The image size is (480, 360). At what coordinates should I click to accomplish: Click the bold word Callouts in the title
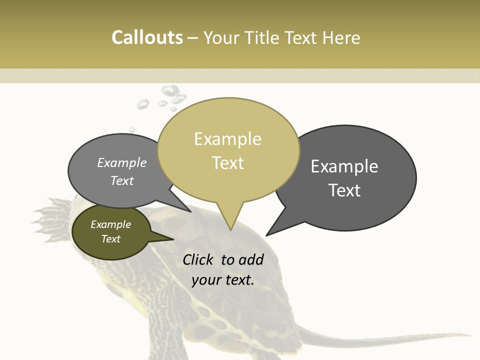pyautogui.click(x=147, y=37)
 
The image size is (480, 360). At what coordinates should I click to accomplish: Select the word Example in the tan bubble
pyautogui.click(x=227, y=139)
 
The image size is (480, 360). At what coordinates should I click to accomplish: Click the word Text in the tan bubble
pyautogui.click(x=228, y=163)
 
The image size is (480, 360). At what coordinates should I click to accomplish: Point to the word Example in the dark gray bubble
pyautogui.click(x=344, y=166)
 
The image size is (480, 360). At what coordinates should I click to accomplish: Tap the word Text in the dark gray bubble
pyautogui.click(x=345, y=190)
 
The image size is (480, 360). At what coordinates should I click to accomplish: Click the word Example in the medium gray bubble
pyautogui.click(x=122, y=162)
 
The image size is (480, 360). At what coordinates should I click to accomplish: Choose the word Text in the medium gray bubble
pyautogui.click(x=122, y=180)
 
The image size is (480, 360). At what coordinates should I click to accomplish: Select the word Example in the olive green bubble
pyautogui.click(x=111, y=224)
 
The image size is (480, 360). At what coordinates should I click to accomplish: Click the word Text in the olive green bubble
pyautogui.click(x=111, y=239)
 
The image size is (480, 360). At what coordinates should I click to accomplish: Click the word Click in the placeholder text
pyautogui.click(x=198, y=259)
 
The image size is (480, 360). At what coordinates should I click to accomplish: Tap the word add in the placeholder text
pyautogui.click(x=251, y=259)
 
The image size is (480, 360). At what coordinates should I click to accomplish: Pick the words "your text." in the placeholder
pyautogui.click(x=223, y=280)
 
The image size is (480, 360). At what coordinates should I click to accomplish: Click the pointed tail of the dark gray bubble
pyautogui.click(x=267, y=234)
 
